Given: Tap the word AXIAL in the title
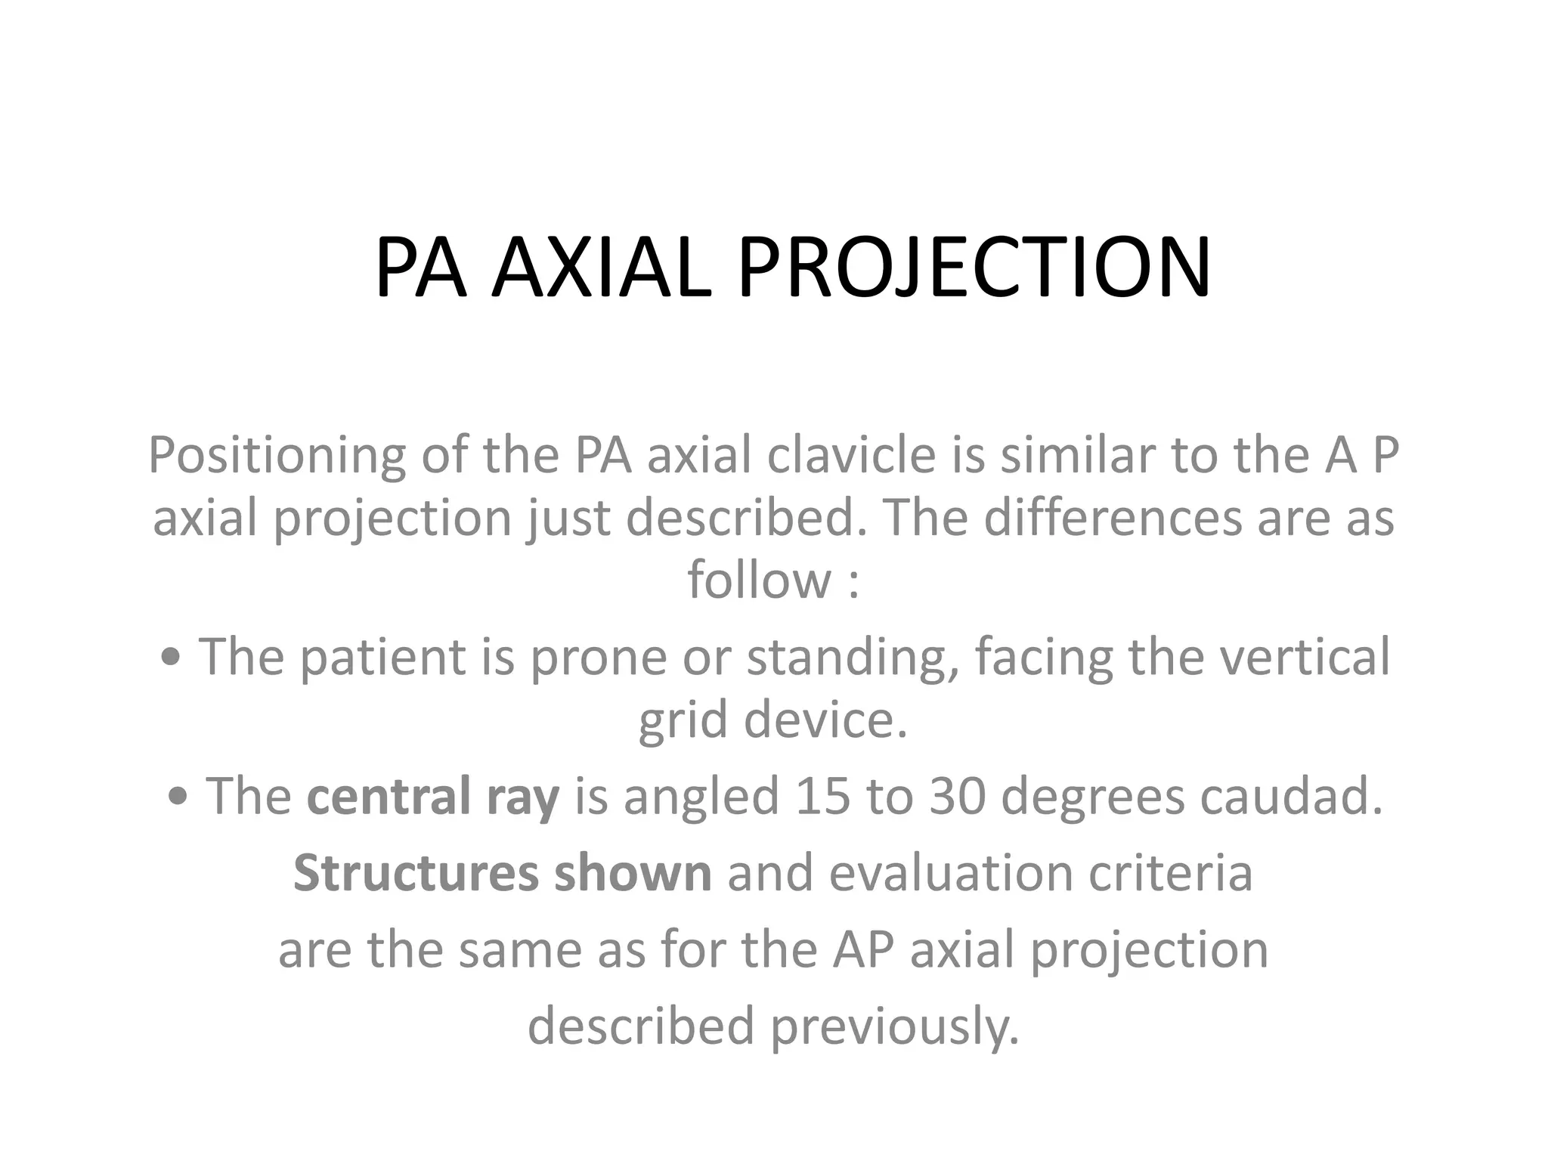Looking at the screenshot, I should point(601,268).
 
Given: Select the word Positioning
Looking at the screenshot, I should point(277,456).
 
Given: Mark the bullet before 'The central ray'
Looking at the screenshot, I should point(178,797).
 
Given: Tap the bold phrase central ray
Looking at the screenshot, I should point(433,797).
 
